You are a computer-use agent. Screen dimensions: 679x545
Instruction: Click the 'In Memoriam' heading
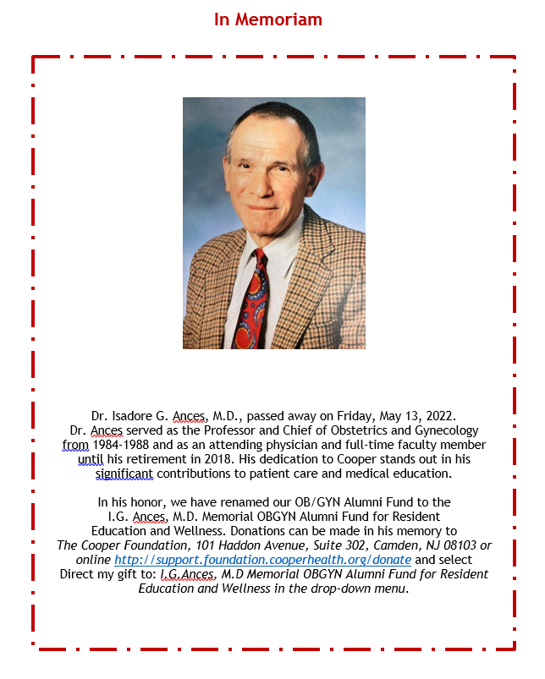[267, 19]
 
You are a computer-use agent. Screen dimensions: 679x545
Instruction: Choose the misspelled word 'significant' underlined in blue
[129, 473]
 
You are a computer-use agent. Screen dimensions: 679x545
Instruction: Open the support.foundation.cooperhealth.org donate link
[262, 560]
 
